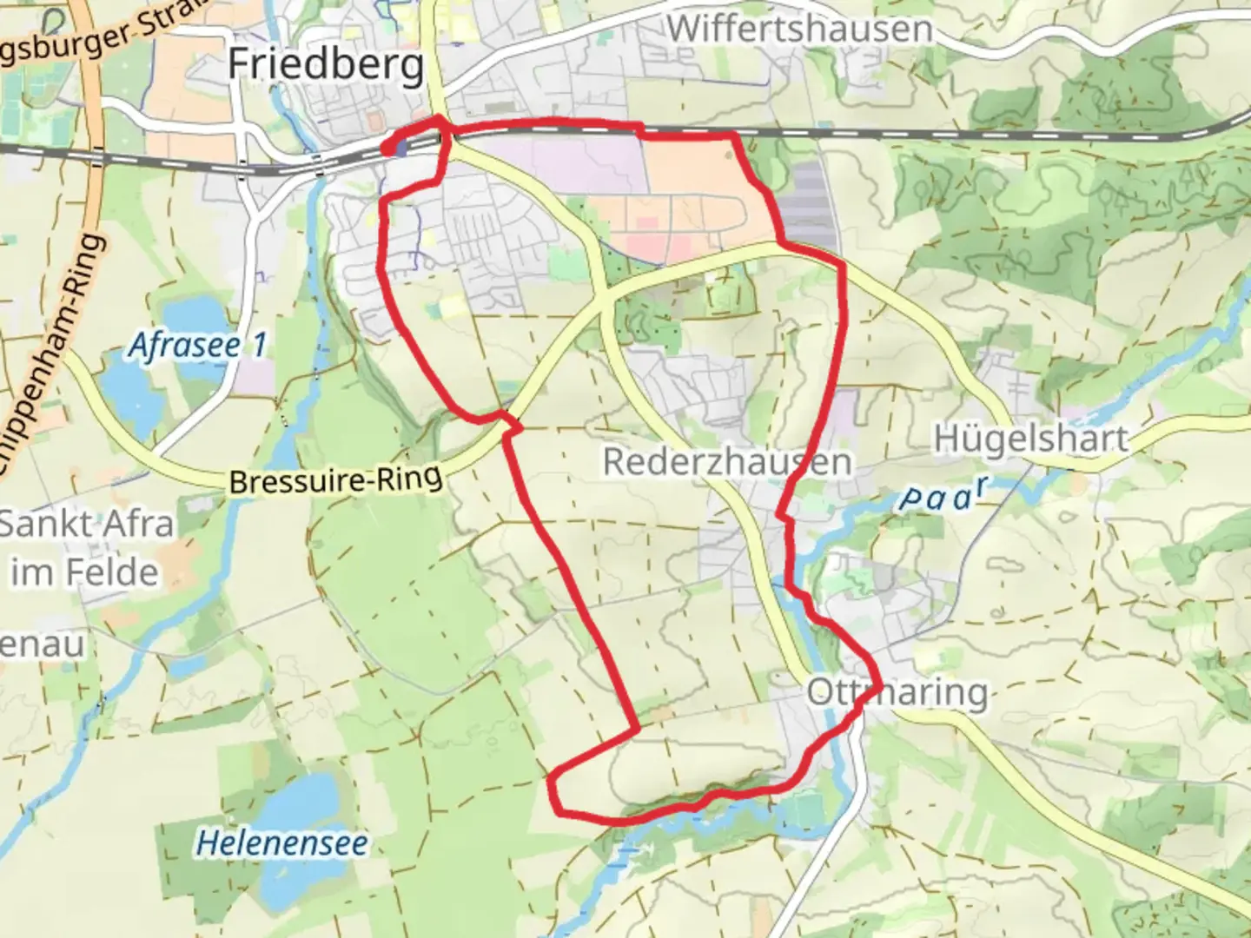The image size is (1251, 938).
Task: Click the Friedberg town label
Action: [326, 65]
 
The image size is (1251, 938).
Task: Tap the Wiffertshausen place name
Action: [799, 30]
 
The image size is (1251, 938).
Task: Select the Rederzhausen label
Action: [726, 462]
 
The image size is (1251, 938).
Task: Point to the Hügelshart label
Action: [1030, 439]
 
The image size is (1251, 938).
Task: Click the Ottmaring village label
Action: [897, 693]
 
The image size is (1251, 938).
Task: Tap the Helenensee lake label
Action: [281, 843]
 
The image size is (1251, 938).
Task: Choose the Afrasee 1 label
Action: [198, 346]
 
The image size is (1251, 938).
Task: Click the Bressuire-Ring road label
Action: [335, 479]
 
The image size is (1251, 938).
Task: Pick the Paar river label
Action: [944, 495]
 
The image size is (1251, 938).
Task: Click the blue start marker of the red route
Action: [400, 149]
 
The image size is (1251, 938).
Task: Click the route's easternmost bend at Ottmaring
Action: [879, 686]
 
